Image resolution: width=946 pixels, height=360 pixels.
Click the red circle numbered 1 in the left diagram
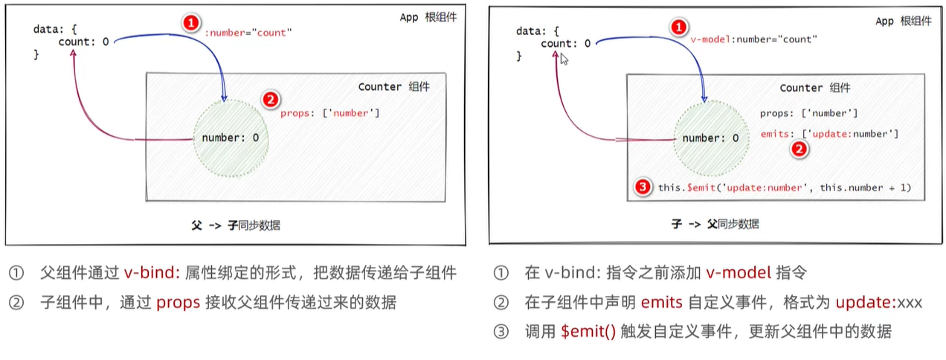[191, 24]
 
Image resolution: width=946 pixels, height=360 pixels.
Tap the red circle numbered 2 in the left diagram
[271, 100]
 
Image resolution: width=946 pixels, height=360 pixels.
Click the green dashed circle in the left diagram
[230, 138]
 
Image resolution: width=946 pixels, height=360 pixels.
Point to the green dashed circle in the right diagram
[710, 138]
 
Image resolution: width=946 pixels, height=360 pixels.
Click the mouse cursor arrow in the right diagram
[564, 59]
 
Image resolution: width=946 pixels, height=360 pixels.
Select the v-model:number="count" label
[753, 39]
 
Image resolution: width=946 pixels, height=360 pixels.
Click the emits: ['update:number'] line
[829, 134]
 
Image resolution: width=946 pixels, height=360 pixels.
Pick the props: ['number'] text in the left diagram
[330, 113]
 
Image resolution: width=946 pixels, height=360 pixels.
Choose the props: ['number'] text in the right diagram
[809, 113]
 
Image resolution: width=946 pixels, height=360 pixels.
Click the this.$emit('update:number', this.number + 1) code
[785, 188]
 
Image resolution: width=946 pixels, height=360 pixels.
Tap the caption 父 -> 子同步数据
[236, 225]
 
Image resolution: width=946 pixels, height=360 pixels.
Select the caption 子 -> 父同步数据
[715, 224]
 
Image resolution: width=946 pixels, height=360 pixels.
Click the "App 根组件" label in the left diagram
[428, 17]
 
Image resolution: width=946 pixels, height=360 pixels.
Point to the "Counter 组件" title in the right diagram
[815, 88]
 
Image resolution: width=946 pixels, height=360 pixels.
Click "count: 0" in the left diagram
[83, 42]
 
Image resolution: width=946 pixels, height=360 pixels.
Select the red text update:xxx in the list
[878, 303]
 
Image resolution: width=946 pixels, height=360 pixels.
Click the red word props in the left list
[173, 303]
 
